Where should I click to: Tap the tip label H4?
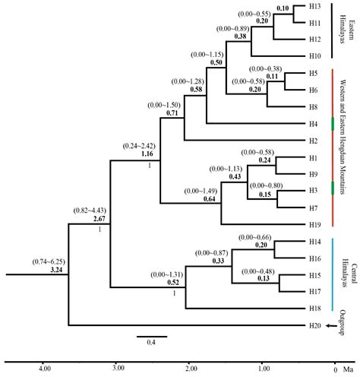313,124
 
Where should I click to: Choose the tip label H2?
313,141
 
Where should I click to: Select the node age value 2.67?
99,218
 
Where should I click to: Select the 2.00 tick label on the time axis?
189,369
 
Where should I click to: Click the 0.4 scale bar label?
152,341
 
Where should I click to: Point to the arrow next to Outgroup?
331,326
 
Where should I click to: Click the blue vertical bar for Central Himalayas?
334,274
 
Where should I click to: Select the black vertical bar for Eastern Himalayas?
334,30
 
